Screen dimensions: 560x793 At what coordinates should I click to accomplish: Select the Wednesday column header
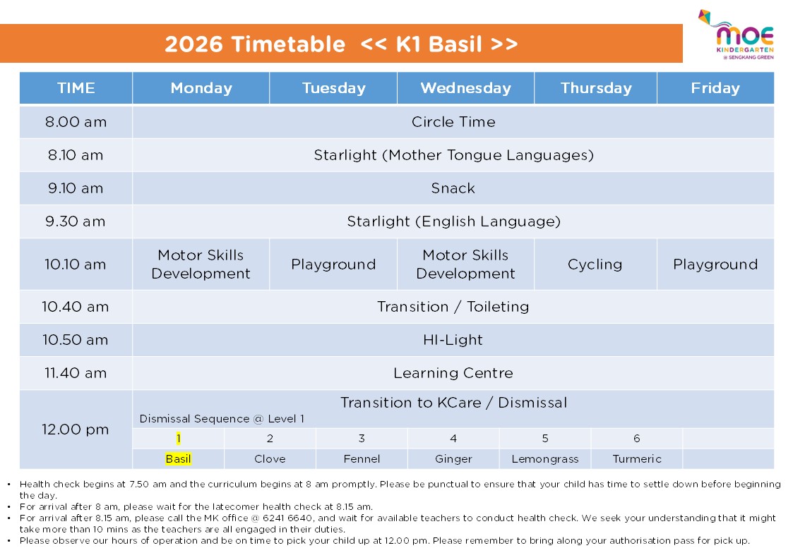click(x=465, y=88)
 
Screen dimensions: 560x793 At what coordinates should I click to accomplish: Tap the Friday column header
click(x=715, y=88)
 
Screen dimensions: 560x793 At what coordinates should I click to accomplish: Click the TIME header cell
click(x=76, y=88)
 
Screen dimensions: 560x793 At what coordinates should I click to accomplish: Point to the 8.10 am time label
click(x=76, y=155)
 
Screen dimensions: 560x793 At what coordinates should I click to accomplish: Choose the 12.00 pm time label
click(x=76, y=430)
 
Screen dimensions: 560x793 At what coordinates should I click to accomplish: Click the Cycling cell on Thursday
click(x=595, y=264)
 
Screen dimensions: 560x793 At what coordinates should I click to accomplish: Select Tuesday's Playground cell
click(x=333, y=264)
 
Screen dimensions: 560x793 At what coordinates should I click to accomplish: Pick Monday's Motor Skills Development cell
click(x=201, y=264)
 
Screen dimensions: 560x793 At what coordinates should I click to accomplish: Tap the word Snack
click(x=453, y=188)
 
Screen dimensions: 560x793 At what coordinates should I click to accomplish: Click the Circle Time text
click(x=453, y=122)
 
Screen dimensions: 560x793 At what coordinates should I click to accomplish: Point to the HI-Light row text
click(x=453, y=340)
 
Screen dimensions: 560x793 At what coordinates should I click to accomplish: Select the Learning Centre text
click(x=453, y=373)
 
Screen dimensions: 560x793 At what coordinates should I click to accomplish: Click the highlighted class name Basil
click(x=178, y=459)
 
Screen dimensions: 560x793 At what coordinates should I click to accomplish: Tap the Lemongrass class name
click(x=544, y=459)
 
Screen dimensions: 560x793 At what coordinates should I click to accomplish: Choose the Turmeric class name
click(x=636, y=459)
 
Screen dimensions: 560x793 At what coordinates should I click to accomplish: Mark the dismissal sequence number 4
click(x=453, y=439)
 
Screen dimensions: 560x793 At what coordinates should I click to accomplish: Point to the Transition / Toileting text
click(x=453, y=307)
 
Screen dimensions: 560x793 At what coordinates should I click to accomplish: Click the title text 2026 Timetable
click(x=255, y=44)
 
